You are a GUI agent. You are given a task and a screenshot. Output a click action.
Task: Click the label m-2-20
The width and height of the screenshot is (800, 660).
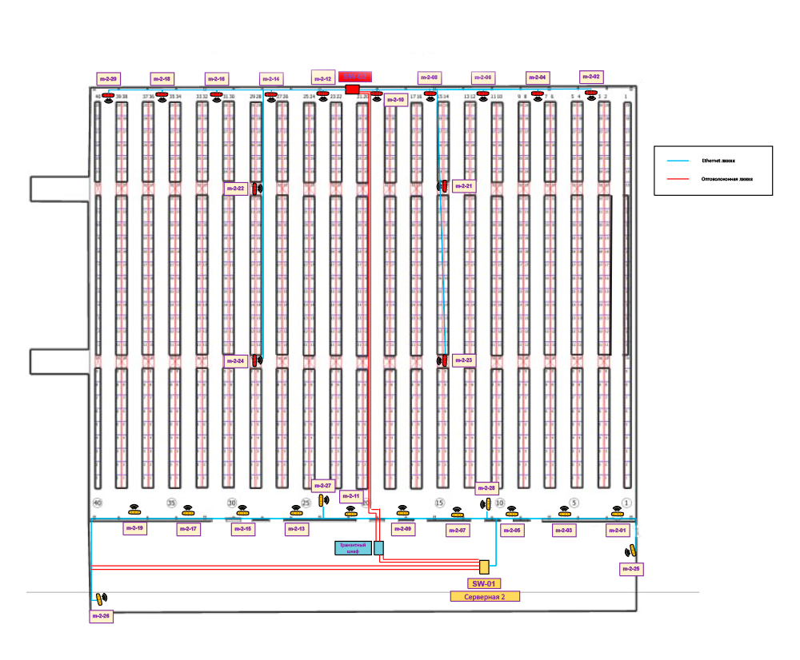pos(108,79)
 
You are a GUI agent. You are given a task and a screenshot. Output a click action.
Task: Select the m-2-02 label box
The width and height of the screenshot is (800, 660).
pos(591,76)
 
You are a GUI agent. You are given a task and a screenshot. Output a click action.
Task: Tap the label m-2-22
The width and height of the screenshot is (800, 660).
pos(236,189)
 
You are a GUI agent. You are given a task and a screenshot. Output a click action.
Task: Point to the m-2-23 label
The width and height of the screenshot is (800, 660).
pos(464,360)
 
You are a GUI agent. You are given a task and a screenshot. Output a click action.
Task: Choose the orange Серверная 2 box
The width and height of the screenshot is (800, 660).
pos(484,597)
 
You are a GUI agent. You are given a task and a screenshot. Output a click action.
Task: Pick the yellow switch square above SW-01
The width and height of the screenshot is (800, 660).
pos(484,567)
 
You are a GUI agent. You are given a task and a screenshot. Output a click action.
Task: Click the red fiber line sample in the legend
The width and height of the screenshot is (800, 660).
pos(677,180)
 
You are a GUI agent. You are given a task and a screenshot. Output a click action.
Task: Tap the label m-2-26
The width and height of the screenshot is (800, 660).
pos(101,616)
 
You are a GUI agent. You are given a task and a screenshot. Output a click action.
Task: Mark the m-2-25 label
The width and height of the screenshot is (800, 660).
pos(631,569)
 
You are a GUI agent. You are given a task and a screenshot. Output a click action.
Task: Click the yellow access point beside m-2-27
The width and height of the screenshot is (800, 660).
pos(322,500)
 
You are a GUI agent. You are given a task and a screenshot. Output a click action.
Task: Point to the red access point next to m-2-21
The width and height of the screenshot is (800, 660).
pos(445,186)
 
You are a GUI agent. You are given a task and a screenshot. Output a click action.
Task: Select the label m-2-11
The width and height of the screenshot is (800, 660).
pos(351,496)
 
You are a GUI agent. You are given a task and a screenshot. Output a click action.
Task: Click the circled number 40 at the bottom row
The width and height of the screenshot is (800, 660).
pos(98,503)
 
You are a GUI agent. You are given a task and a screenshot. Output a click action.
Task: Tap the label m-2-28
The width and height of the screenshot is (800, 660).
pos(486,487)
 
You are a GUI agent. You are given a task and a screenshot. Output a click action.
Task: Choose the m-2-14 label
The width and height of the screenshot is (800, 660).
pos(271,79)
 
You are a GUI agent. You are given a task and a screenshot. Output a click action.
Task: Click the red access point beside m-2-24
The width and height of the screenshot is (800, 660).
pos(255,360)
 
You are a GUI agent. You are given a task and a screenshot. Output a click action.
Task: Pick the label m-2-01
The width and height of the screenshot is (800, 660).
pos(618,531)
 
